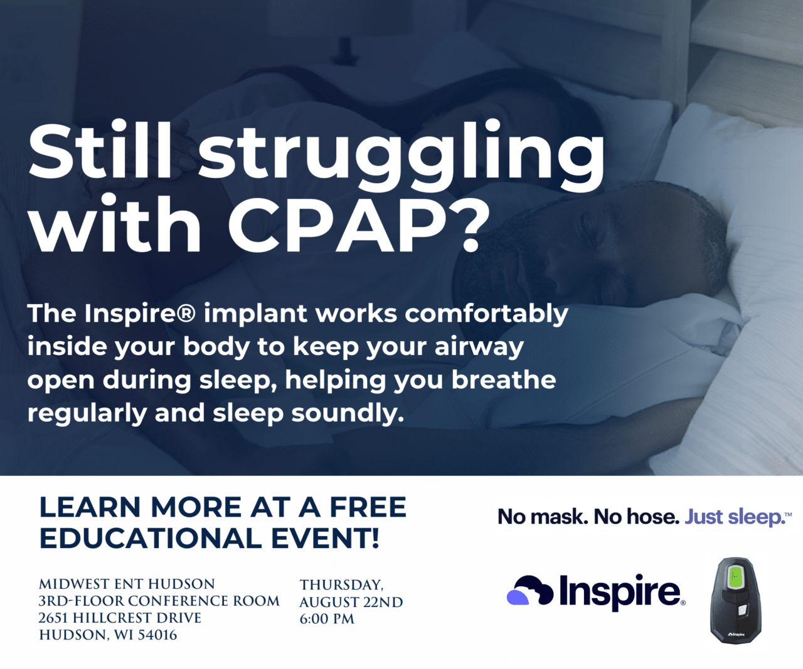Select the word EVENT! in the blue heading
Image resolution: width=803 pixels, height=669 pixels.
tap(325, 539)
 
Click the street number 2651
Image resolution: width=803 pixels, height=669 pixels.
tap(53, 618)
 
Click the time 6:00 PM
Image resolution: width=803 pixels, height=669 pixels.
tap(327, 619)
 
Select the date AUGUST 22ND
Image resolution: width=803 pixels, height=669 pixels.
tap(351, 602)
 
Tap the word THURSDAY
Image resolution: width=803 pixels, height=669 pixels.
tap(341, 585)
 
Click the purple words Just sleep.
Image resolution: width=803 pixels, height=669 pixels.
tap(735, 517)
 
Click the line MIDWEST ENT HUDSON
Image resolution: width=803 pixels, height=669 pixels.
tap(127, 584)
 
